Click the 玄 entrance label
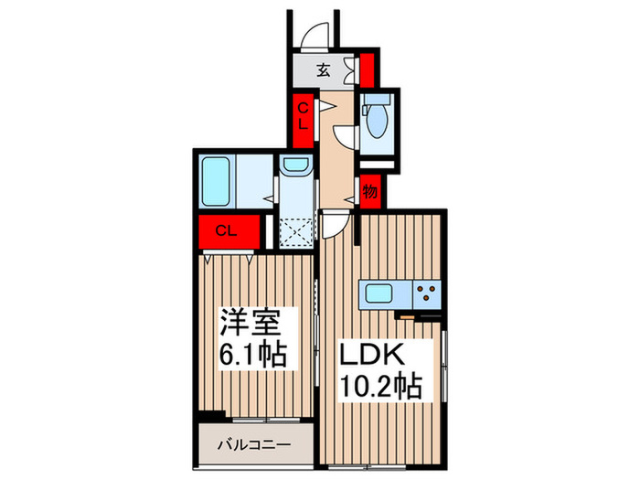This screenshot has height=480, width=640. click(325, 69)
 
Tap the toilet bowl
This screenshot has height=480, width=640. click(375, 123)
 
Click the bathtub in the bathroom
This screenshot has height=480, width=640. click(217, 181)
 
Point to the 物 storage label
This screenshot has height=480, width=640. click(369, 192)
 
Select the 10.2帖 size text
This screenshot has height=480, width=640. click(382, 388)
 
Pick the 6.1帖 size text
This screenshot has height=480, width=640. click(251, 353)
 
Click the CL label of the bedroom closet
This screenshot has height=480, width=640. click(226, 230)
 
